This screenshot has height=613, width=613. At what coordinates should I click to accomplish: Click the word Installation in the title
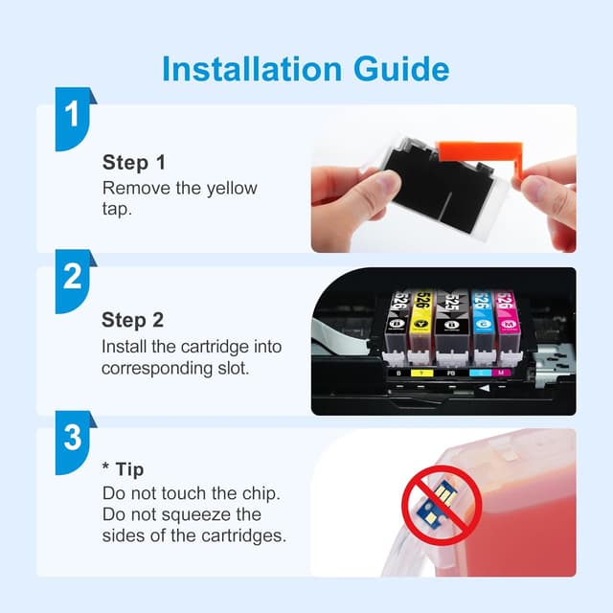[x=252, y=69]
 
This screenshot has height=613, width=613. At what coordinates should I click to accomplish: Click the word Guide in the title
[x=401, y=69]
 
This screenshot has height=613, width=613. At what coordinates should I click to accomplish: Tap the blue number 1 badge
[x=75, y=119]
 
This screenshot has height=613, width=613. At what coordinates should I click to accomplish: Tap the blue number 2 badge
[x=75, y=281]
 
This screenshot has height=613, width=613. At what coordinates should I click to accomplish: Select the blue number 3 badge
[x=75, y=443]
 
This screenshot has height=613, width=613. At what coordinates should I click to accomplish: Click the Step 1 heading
[x=134, y=163]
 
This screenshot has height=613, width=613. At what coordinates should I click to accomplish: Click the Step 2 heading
[x=132, y=320]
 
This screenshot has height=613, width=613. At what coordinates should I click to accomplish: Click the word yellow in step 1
[x=232, y=190]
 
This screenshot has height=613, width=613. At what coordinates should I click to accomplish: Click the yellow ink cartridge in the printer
[x=421, y=320]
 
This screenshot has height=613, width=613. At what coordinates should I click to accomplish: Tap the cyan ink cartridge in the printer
[x=483, y=320]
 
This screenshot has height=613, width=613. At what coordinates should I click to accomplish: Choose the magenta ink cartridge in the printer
[x=508, y=320]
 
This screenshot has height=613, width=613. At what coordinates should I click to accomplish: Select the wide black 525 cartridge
[x=452, y=320]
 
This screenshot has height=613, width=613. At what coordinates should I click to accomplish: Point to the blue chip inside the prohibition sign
[x=437, y=504]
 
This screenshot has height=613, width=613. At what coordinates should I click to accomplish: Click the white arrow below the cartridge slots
[x=485, y=388]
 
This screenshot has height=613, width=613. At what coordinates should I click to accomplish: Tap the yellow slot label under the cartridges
[x=421, y=373]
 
